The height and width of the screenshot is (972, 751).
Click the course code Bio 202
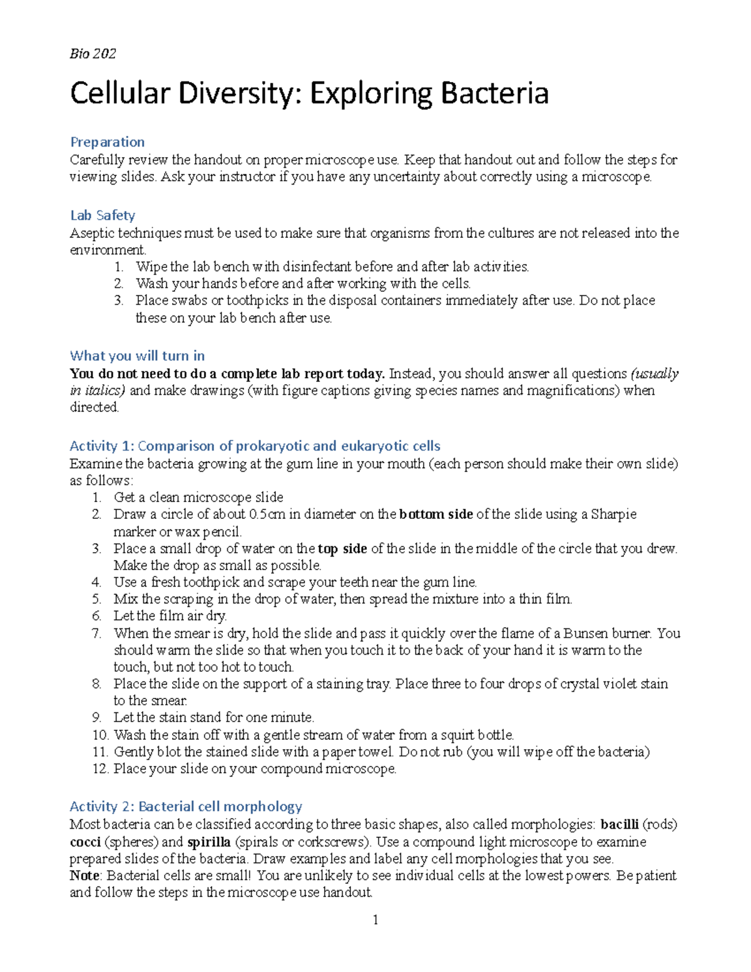tap(93, 54)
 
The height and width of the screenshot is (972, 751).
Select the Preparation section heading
tap(107, 142)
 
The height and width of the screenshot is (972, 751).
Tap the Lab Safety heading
tap(103, 215)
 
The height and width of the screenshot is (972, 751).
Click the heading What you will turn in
tap(137, 356)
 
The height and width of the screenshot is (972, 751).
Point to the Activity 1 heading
tap(255, 446)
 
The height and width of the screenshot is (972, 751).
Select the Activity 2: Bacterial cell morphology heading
tap(186, 806)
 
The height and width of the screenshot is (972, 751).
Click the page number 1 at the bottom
tap(375, 919)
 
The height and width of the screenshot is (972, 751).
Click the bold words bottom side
tap(436, 514)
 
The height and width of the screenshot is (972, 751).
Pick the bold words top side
tap(342, 549)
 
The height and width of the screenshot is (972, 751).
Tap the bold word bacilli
tap(620, 824)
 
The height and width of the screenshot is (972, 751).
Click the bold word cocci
tap(85, 842)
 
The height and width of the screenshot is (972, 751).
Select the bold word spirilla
tap(209, 842)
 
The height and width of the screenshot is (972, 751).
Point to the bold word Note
tap(84, 876)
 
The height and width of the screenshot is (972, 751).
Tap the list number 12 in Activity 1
tap(100, 769)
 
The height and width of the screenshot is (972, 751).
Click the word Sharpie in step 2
tap(614, 514)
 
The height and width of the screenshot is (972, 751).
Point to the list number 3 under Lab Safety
tap(119, 300)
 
